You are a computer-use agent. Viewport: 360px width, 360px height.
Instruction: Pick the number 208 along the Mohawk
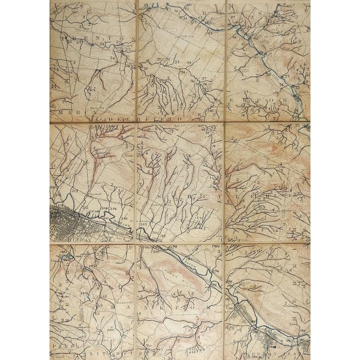click(x=103, y=209)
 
